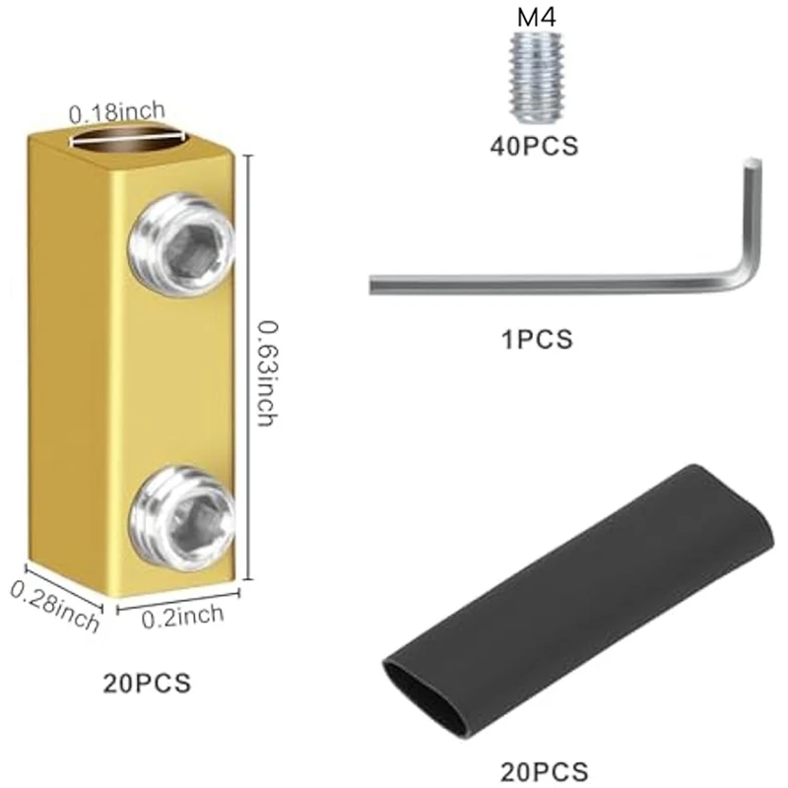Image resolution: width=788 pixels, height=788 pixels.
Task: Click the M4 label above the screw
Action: [534, 17]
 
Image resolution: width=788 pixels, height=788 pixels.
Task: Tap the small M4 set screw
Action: [533, 71]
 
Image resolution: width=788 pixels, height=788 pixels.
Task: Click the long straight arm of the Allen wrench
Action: [542, 284]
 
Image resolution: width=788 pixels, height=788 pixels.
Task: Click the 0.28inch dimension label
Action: [54, 607]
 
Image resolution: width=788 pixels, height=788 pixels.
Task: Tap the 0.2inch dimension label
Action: [184, 617]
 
